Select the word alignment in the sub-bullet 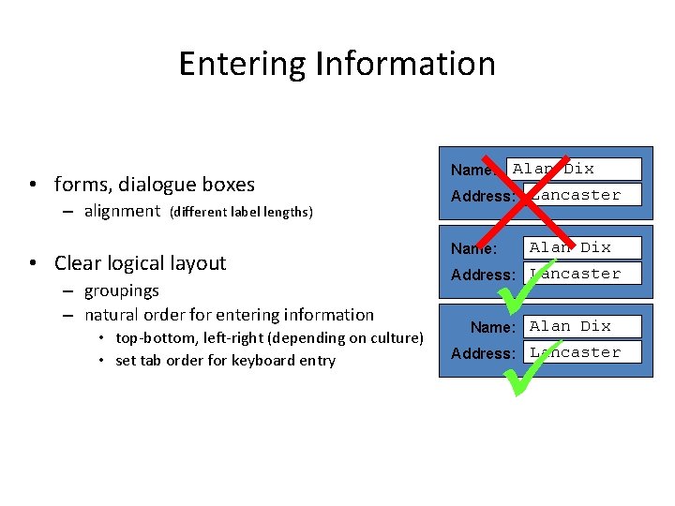pyautogui.click(x=122, y=211)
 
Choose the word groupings pyautogui.click(x=122, y=290)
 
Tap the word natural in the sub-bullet pyautogui.click(x=114, y=315)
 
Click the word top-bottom pyautogui.click(x=154, y=337)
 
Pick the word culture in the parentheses pyautogui.click(x=393, y=337)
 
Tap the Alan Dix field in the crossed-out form pyautogui.click(x=574, y=170)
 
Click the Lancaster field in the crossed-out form pyautogui.click(x=582, y=195)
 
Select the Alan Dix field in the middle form pyautogui.click(x=581, y=247)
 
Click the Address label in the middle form pyautogui.click(x=483, y=275)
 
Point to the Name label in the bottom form pyautogui.click(x=492, y=327)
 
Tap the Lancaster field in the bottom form pyautogui.click(x=581, y=352)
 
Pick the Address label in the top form pyautogui.click(x=483, y=196)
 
